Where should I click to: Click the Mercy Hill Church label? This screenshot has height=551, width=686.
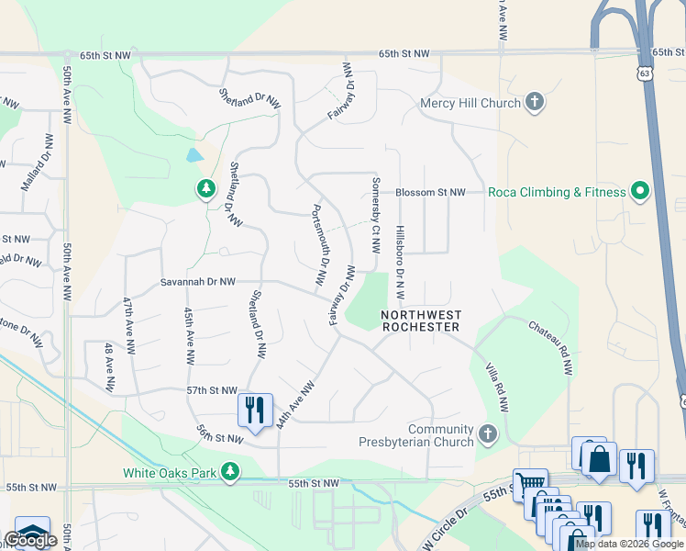(x=470, y=103)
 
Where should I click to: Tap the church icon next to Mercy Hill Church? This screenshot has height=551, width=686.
(x=534, y=103)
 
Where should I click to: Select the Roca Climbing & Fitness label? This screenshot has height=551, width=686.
(x=557, y=192)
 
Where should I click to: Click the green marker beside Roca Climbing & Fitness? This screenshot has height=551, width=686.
(x=640, y=192)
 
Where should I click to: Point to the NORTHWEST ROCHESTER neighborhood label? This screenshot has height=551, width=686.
(x=421, y=320)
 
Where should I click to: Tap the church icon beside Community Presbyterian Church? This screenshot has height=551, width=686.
(x=487, y=433)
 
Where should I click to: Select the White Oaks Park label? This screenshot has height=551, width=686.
(x=170, y=474)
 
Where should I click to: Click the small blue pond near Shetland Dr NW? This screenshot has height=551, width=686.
(x=194, y=155)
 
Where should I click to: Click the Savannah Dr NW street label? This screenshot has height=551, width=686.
(x=197, y=282)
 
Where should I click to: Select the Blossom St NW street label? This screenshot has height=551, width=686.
(x=430, y=193)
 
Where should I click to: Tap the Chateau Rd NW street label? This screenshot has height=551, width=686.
(x=550, y=347)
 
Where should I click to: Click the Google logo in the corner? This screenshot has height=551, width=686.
(x=30, y=540)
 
